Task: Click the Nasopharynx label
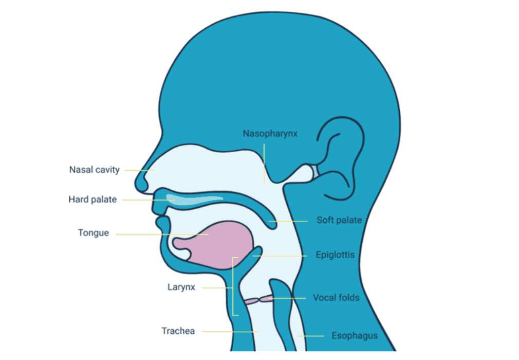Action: click(270, 134)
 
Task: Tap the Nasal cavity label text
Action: click(95, 170)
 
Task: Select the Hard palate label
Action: click(92, 200)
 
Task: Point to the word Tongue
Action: click(94, 233)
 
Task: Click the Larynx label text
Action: click(180, 287)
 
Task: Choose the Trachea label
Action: click(178, 331)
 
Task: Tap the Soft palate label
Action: click(339, 221)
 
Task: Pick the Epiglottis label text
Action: click(336, 255)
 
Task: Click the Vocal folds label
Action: click(336, 298)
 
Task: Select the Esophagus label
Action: click(355, 336)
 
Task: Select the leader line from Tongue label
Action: click(154, 235)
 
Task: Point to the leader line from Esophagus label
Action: click(311, 336)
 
